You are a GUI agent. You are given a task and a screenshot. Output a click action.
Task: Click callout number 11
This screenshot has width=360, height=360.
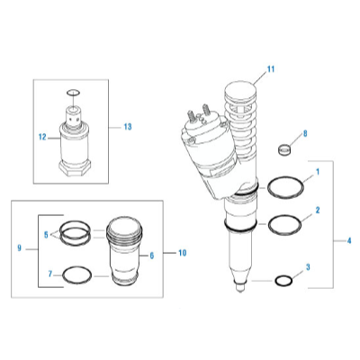[x=269, y=68]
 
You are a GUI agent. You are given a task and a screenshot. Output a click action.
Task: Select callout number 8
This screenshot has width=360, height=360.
[x=304, y=133]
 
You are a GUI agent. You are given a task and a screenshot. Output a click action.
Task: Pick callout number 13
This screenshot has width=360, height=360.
[x=127, y=126]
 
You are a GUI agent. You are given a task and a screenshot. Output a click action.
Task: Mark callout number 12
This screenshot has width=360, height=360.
[x=41, y=138]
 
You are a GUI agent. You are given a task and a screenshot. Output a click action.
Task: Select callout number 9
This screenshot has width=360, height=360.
[x=20, y=247]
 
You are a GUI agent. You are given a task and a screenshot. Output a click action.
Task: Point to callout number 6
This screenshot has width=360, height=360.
[x=150, y=256]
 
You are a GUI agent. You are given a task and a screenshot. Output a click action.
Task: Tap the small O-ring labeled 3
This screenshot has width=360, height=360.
[x=284, y=281]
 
